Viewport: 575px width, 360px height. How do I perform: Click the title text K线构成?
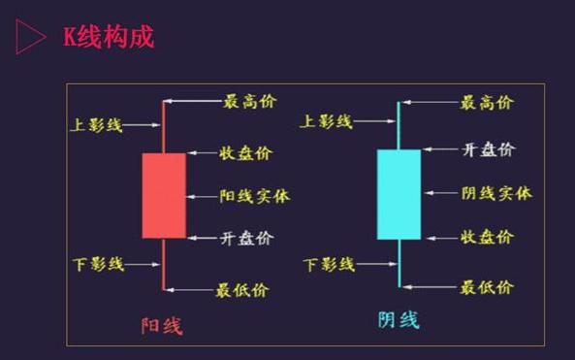point(108,38)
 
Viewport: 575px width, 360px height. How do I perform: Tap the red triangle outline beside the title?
point(30,38)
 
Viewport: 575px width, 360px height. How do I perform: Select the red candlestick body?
point(163,195)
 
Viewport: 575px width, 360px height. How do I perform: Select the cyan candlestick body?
point(399,194)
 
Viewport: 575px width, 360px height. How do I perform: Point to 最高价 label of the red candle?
point(247,101)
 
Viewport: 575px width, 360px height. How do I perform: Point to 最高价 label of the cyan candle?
point(487,102)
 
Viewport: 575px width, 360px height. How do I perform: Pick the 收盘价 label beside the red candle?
point(246,152)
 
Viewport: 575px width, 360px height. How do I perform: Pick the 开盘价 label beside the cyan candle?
point(488,149)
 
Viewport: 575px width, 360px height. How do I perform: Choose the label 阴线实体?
point(496,193)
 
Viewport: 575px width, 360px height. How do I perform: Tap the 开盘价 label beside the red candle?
point(246,238)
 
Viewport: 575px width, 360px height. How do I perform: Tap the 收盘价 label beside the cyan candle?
point(487,237)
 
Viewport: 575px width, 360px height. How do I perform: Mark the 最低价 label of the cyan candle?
point(487,286)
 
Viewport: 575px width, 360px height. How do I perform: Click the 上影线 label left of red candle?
point(98,124)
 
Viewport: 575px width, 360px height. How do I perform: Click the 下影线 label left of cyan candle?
point(330,264)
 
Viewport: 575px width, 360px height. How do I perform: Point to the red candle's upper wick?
point(163,126)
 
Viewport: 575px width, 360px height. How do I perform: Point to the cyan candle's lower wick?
point(399,262)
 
